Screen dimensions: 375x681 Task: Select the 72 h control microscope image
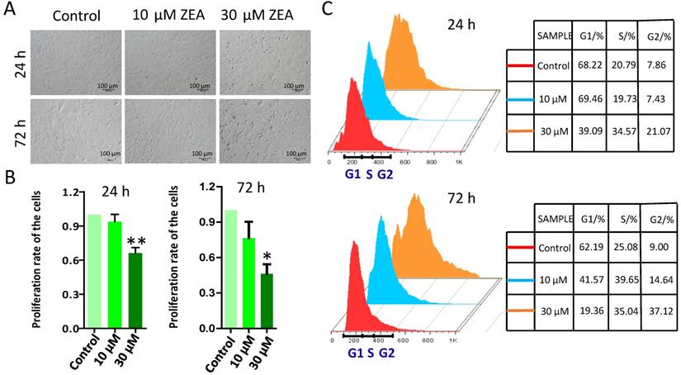pyautogui.click(x=75, y=131)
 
